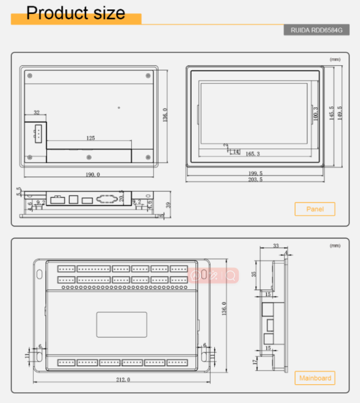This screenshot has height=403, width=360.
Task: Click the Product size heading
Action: click(76, 13)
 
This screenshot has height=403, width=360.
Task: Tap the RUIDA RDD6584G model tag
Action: click(316, 30)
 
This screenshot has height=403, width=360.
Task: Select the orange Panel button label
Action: click(315, 209)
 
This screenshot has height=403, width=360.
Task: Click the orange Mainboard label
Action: click(315, 379)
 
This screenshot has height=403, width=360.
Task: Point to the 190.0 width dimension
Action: click(92, 174)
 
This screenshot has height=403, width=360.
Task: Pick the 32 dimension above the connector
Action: click(37, 112)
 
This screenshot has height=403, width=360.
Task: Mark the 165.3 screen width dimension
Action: click(252, 154)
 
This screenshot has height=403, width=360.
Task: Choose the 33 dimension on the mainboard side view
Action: click(276, 246)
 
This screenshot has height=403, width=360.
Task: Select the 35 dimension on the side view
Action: click(254, 273)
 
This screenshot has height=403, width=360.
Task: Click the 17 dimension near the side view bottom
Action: click(254, 362)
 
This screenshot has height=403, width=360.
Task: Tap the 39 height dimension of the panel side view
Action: click(167, 205)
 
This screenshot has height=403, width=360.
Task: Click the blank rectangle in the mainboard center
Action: click(122, 324)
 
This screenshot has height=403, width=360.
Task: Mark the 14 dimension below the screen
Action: click(235, 151)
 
